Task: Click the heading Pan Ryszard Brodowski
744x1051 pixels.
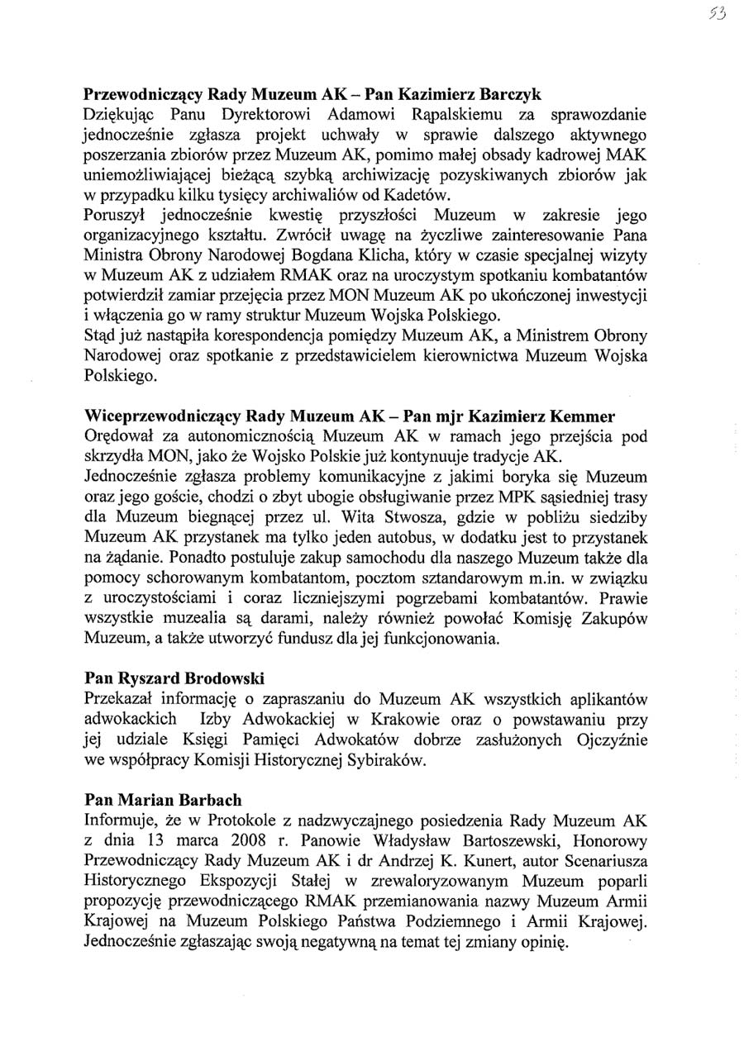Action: pyautogui.click(x=174, y=679)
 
